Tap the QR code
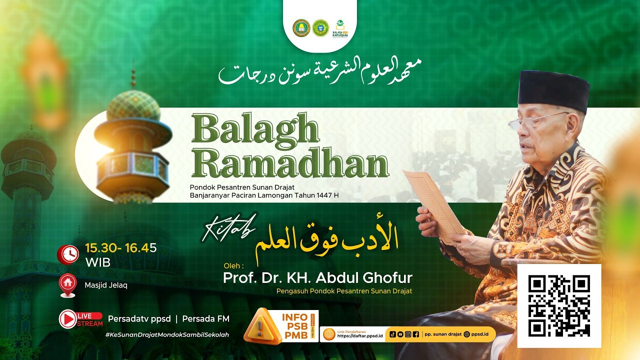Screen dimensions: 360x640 click(559, 305)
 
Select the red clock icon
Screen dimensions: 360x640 click(67, 254)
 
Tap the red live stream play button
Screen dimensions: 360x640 click(68, 319)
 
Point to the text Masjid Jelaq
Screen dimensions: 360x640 click(106, 285)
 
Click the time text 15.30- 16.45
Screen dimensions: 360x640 click(121, 247)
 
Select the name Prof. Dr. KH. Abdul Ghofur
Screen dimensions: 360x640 click(317, 278)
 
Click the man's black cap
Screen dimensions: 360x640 click(553, 90)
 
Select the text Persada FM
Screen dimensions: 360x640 click(205, 318)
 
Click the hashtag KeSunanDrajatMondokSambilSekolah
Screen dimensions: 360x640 click(167, 334)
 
